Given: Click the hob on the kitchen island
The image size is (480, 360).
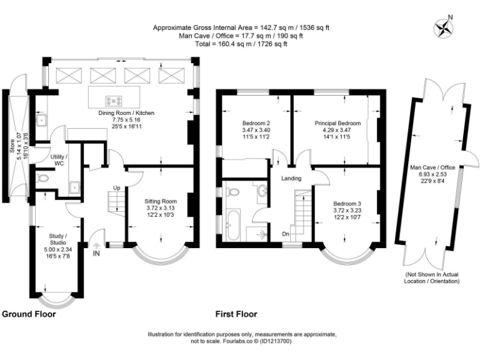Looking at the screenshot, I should coord(114,98).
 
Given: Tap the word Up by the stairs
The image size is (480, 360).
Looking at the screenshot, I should coord(116,187).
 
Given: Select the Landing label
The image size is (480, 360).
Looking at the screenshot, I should coord(291,178).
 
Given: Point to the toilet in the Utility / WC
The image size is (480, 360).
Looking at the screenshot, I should coord(42,179).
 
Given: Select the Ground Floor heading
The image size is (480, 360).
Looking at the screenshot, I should coord(29,314).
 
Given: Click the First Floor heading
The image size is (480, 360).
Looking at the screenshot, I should coord(236,314).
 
